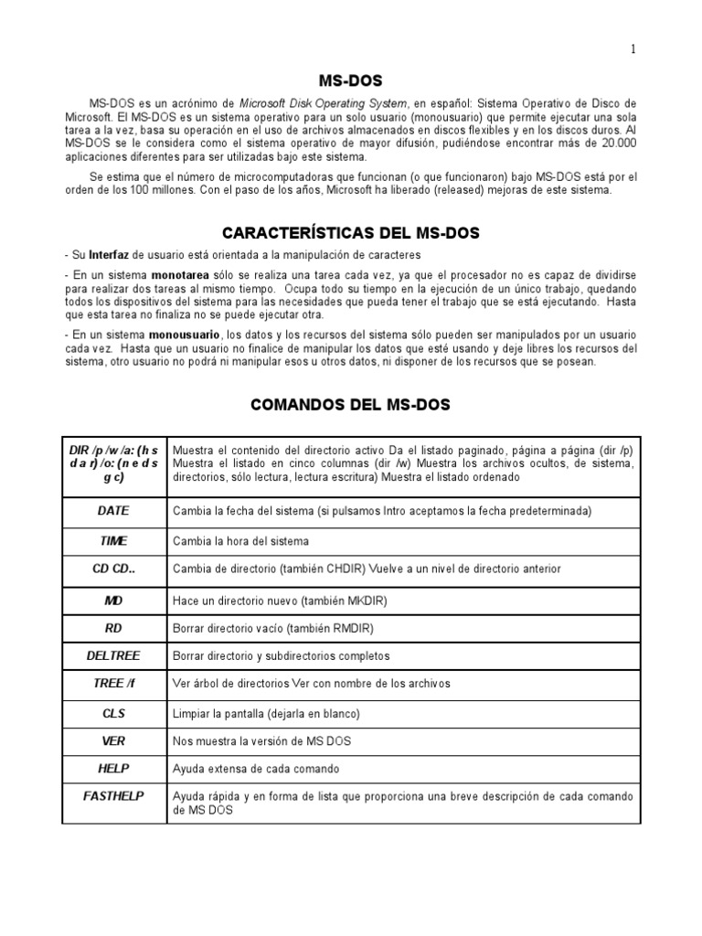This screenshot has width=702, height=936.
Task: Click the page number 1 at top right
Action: coord(633,49)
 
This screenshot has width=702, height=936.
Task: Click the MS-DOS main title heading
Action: coord(350,80)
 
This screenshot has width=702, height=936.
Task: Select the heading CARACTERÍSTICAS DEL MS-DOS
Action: coord(351,234)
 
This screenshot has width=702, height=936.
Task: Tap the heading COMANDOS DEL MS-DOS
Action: coord(351,404)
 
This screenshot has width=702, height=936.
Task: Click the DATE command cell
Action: coord(113,510)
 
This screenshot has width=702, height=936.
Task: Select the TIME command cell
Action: coord(113,540)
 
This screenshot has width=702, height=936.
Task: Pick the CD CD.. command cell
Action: coord(113,568)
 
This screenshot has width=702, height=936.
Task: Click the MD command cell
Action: coord(113,601)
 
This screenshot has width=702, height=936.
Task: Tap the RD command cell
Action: coord(113,628)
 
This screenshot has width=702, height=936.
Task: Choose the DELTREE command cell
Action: coord(113,655)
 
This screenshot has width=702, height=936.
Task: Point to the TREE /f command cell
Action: coord(113,683)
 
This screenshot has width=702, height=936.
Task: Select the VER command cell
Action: coord(113,739)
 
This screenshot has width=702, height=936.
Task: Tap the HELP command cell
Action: coord(113,768)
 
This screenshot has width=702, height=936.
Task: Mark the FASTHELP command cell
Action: coord(113,796)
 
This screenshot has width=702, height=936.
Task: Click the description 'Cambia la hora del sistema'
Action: coord(241,541)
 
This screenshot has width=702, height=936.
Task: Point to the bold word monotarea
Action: coord(180,275)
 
